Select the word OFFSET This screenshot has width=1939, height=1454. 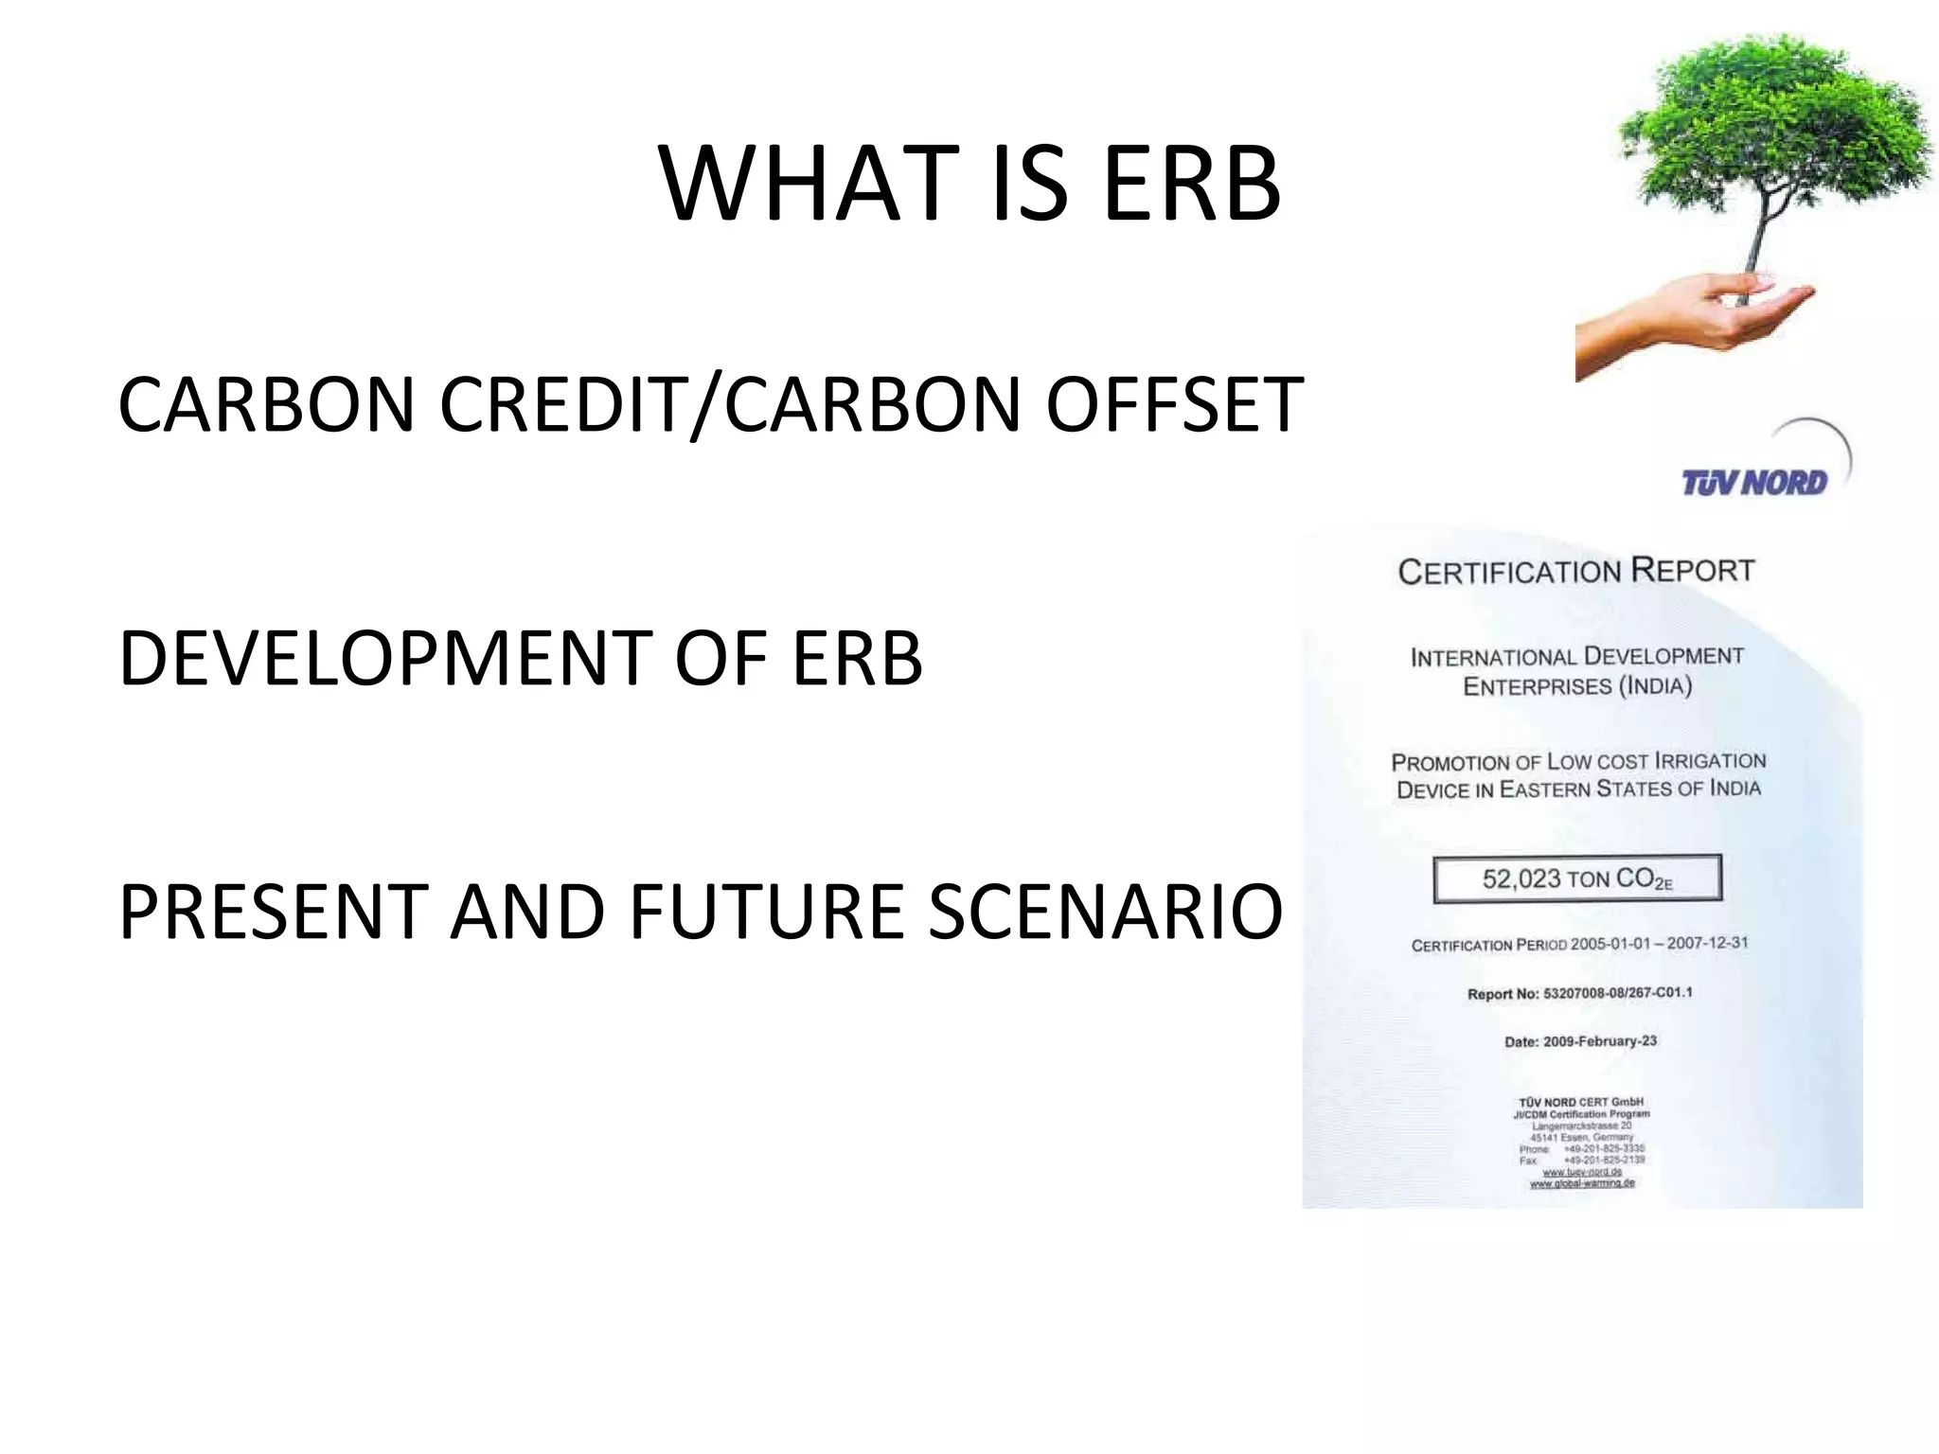click(x=1174, y=405)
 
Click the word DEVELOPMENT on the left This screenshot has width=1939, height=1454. click(x=384, y=658)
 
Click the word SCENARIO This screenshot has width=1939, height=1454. click(x=1105, y=912)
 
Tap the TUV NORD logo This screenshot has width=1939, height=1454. click(x=1754, y=483)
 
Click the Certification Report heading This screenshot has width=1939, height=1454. click(x=1576, y=572)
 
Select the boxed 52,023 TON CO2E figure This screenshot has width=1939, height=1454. click(x=1577, y=879)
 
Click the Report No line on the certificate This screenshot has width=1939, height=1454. click(x=1579, y=993)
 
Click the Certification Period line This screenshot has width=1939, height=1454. click(x=1579, y=944)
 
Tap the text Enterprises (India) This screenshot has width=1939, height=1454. click(x=1577, y=685)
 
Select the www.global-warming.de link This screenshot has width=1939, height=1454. click(x=1582, y=1183)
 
